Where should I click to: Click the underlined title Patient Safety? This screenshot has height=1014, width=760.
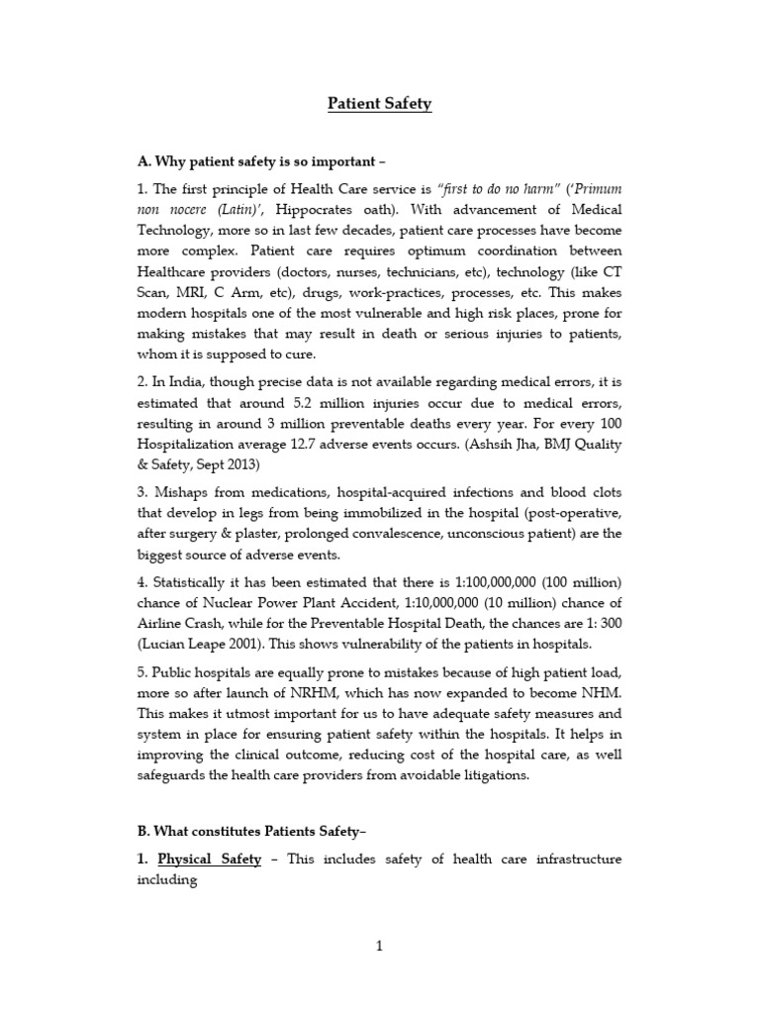point(380,104)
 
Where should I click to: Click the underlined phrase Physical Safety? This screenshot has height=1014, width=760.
point(210,860)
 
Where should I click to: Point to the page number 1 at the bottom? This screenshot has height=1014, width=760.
point(379,947)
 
